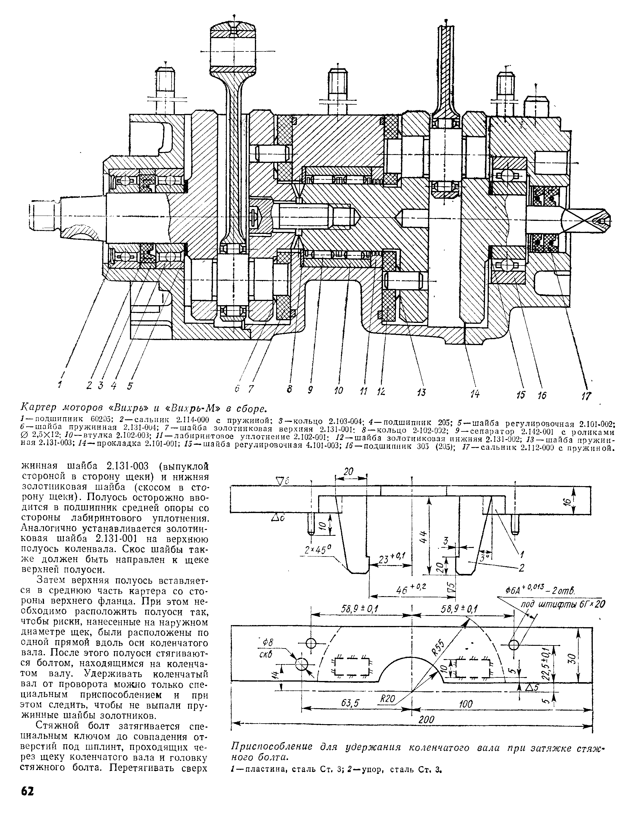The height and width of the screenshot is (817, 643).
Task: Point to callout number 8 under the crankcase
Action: pyautogui.click(x=289, y=390)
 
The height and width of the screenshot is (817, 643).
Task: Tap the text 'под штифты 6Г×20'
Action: pyautogui.click(x=562, y=614)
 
